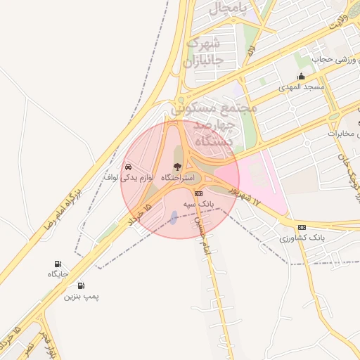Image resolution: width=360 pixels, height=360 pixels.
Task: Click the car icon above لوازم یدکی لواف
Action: pos(128,167)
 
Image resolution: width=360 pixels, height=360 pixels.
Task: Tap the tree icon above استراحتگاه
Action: pos(176,167)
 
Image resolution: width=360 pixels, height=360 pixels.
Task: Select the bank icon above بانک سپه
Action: pos(198,193)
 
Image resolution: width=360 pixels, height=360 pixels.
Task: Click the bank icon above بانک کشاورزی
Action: pos(302,227)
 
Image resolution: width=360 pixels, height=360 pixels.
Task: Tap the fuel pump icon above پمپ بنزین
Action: pos(82,285)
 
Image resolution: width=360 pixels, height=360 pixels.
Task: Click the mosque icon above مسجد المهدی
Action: pos(302,76)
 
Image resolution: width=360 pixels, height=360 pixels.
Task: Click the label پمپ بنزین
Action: pos(82,297)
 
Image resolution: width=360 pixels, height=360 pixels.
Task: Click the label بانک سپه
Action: pos(198,204)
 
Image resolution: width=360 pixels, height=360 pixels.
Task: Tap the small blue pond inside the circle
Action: pos(174,217)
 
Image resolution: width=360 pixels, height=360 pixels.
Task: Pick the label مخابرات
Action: pos(344,133)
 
